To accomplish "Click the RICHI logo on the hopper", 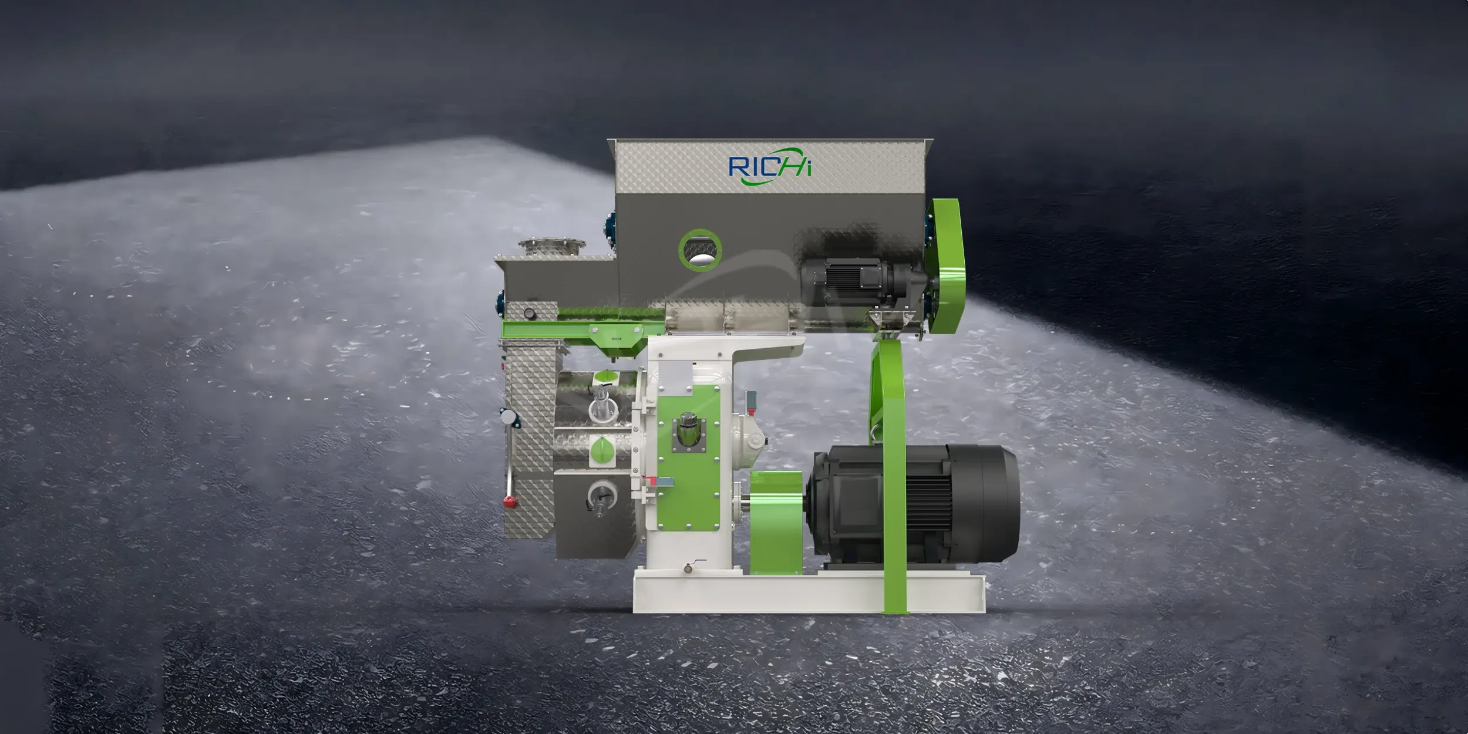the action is tap(770, 167).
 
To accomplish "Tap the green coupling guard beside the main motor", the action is tap(776, 522).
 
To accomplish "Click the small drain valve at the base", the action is tap(689, 566).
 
